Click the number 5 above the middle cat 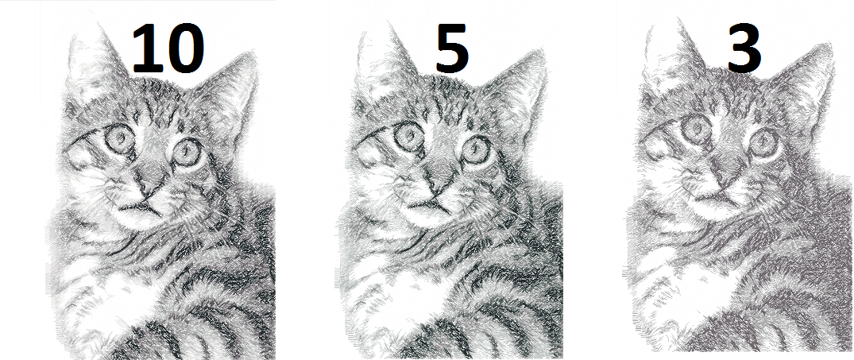click(451, 49)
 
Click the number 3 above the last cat click(744, 49)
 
